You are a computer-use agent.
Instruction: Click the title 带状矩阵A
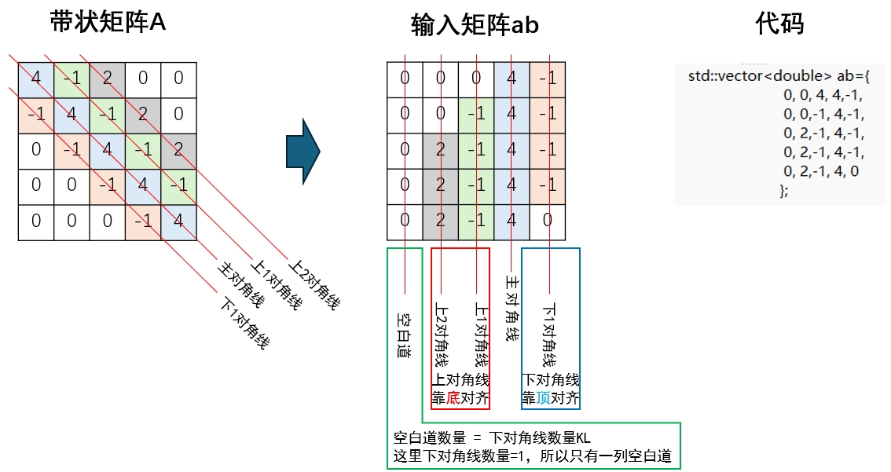(108, 24)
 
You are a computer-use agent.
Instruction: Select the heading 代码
(779, 24)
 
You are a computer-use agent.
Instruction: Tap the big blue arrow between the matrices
(302, 151)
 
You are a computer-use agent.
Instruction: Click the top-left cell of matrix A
(35, 79)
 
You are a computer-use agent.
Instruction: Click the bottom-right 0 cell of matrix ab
(548, 221)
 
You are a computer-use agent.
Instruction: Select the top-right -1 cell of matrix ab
(548, 79)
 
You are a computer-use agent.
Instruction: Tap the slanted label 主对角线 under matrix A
(239, 284)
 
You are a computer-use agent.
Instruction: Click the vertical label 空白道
(405, 335)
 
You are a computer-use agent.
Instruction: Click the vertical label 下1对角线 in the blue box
(550, 335)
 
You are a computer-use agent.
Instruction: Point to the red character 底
(453, 398)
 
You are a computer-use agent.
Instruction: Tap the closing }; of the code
(783, 191)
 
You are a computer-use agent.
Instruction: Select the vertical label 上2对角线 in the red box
(441, 335)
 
